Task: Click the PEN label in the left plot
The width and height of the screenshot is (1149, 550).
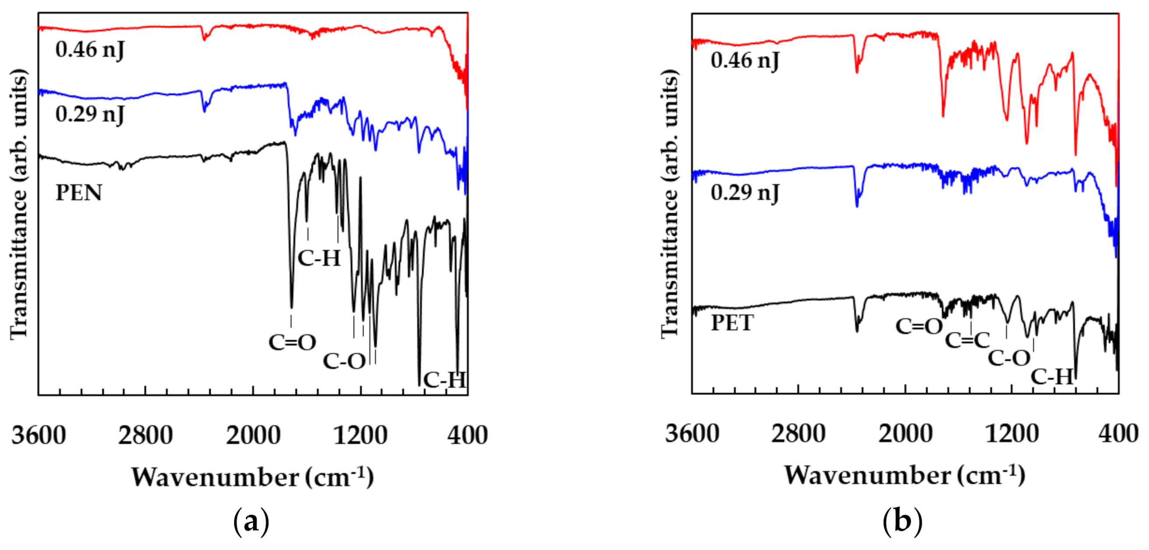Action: coord(78,193)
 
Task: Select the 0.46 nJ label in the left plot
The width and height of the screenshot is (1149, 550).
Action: coord(90,49)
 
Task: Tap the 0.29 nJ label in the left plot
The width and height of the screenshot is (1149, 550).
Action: coord(90,114)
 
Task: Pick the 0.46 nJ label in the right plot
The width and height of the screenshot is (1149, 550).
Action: coord(744,60)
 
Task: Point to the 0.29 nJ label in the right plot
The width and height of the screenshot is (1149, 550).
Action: coord(744,193)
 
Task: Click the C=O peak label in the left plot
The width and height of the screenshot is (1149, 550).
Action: coord(292,342)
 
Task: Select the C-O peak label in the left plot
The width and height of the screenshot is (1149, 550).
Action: coord(344,361)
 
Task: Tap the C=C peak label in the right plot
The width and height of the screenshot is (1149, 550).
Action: coord(967,341)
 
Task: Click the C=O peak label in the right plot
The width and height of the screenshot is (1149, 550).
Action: coord(919,327)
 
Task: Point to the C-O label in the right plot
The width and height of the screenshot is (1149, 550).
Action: coord(1009,358)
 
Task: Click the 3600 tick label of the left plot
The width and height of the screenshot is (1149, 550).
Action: coord(39,435)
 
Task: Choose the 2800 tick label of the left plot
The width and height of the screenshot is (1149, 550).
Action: coord(145,435)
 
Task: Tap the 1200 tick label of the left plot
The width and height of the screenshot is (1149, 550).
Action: coord(360,435)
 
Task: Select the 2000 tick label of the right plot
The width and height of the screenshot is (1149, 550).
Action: coord(905,434)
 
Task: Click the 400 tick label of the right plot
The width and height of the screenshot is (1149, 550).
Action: coord(1118,434)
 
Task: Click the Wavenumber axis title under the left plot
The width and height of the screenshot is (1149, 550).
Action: coord(252,478)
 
